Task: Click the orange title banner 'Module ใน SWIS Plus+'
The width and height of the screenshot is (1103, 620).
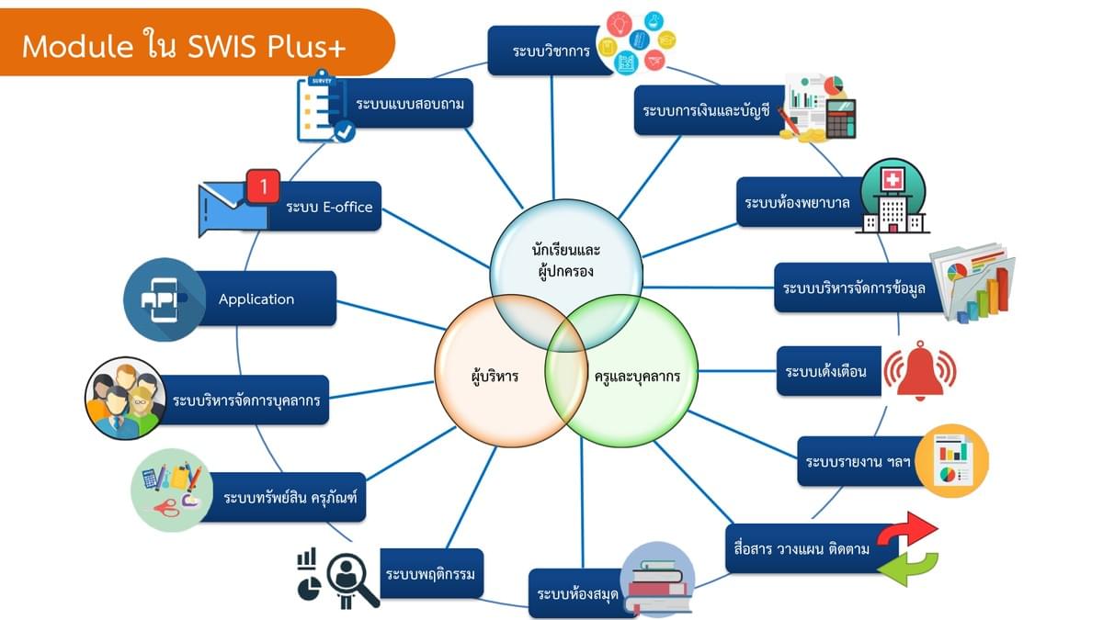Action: tap(184, 45)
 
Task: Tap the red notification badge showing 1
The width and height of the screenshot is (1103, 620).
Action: tap(263, 187)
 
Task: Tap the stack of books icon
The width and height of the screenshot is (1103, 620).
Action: tap(657, 580)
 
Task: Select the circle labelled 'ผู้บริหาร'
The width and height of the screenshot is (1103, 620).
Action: tap(492, 376)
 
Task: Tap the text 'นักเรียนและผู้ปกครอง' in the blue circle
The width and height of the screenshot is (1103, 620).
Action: tap(565, 260)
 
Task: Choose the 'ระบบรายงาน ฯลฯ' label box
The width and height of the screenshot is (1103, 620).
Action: tap(859, 460)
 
